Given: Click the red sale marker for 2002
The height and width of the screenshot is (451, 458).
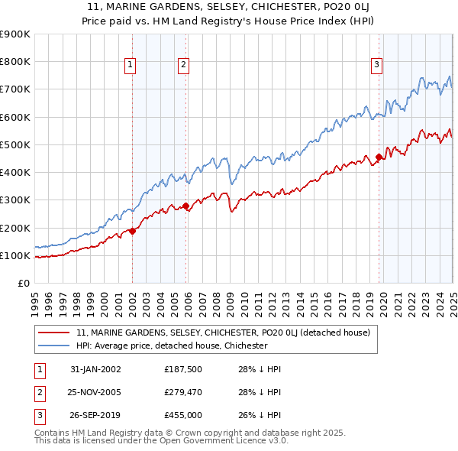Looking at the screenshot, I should click(x=132, y=231).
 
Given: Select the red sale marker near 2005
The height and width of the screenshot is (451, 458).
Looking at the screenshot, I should click(x=185, y=206).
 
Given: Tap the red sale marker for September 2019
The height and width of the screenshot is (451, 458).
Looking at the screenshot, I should click(x=379, y=157).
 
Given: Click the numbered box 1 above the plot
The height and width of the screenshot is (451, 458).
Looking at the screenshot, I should click(x=131, y=66).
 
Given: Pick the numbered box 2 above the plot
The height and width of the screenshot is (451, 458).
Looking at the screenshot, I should click(x=184, y=66).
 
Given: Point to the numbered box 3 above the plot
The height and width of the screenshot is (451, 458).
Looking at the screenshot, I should click(x=377, y=66).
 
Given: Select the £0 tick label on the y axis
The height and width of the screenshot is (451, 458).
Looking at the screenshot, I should click(x=23, y=283).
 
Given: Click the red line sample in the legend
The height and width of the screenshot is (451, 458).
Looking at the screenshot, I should click(x=54, y=333).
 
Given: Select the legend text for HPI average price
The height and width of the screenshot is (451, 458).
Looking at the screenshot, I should click(x=172, y=346).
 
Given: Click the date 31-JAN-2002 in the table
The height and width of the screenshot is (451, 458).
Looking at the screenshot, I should click(x=95, y=369).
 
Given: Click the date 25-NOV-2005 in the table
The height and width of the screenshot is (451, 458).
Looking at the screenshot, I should click(x=95, y=392).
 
